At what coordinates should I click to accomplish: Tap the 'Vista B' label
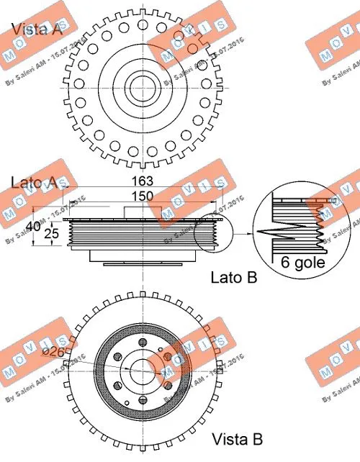click(237, 438)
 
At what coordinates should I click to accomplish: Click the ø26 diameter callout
click(56, 351)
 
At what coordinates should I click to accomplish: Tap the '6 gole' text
click(303, 262)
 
